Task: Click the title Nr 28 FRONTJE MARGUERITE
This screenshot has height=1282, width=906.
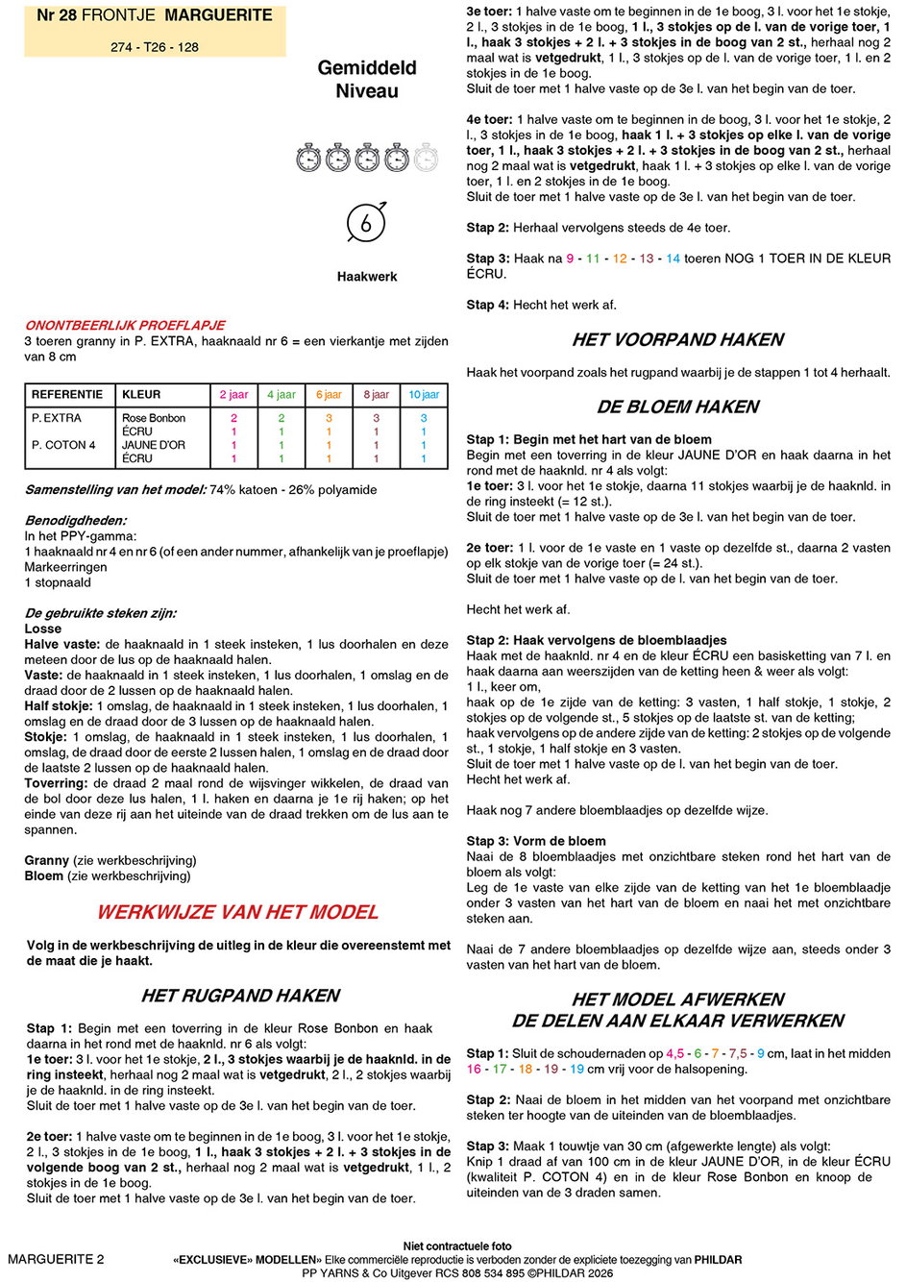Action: tap(155, 15)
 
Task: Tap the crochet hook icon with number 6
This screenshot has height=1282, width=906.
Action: tap(366, 223)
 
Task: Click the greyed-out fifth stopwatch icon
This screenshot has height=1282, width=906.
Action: tap(426, 157)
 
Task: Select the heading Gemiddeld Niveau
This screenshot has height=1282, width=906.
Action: tap(367, 80)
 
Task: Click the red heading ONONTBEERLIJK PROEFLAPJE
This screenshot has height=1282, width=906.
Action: tap(125, 325)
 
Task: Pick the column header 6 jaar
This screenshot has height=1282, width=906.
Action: tap(329, 394)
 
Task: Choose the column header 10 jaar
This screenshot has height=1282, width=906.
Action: tap(423, 394)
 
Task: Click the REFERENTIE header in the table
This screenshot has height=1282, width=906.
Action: tap(67, 394)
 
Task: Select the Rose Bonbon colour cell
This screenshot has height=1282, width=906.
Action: tap(154, 418)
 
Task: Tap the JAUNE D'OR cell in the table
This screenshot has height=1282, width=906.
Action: tap(154, 445)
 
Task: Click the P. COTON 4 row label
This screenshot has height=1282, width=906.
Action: tap(63, 445)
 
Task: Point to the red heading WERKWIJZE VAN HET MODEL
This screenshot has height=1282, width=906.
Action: tap(237, 912)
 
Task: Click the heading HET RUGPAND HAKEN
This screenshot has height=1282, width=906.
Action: tap(240, 996)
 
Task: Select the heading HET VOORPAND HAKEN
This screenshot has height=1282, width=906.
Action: tap(677, 339)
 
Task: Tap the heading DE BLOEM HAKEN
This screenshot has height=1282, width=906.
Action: tap(677, 407)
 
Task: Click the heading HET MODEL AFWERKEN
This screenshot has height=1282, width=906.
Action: tap(677, 999)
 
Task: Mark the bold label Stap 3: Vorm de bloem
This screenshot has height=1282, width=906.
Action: tap(536, 841)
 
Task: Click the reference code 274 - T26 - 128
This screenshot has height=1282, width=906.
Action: tap(155, 46)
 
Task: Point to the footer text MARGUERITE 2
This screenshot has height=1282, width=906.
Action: tap(56, 1259)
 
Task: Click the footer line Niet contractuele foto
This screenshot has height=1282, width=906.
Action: tap(457, 1245)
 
